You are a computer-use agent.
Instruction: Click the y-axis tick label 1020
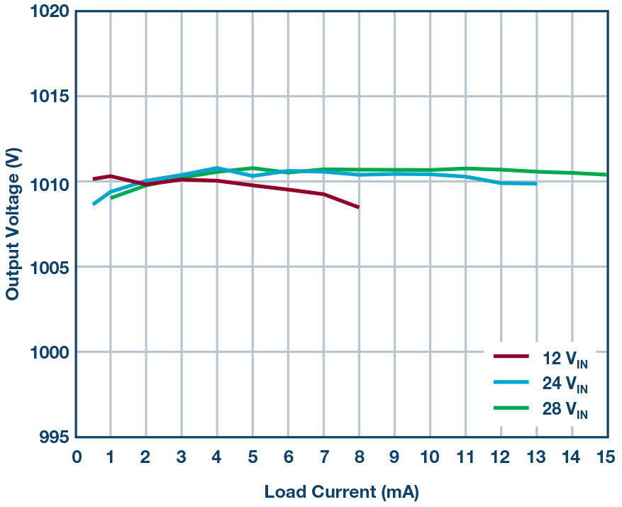point(50,12)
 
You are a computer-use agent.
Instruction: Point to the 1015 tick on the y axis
point(50,97)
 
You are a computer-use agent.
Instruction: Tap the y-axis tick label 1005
point(50,267)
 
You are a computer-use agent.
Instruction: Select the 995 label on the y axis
point(55,437)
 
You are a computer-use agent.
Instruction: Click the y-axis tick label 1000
point(50,352)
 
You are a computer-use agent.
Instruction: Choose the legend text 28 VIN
point(565,410)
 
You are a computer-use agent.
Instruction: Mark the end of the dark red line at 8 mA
point(358,207)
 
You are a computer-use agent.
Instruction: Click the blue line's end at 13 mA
point(535,184)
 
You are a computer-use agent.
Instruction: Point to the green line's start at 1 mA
point(111,198)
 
